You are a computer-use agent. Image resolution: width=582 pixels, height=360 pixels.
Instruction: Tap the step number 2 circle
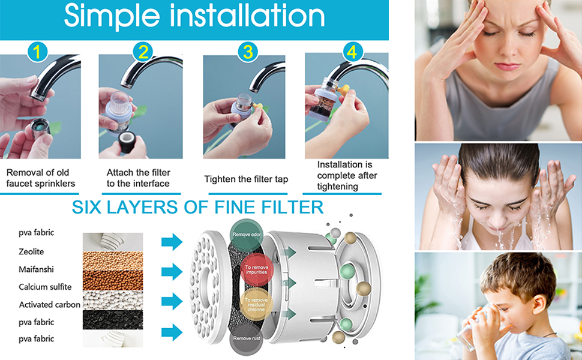pos(143,52)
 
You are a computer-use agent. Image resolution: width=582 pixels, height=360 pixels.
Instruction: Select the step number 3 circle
pos(247,52)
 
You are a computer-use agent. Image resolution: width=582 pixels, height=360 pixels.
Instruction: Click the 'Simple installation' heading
pos(194,17)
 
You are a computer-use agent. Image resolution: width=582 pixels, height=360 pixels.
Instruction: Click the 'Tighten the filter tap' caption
pos(246,179)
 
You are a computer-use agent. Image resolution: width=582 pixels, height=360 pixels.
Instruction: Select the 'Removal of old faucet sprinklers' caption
pos(41,178)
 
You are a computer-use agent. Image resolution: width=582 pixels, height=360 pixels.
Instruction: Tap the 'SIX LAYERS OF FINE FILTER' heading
pos(198,208)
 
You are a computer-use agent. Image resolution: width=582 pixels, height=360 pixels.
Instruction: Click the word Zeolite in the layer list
pos(31,251)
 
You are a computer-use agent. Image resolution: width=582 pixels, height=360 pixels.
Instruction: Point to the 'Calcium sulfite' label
pos(45,287)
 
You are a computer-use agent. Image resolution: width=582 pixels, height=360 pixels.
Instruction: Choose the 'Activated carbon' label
pos(49,305)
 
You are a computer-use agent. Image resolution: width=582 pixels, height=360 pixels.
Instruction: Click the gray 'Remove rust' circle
pos(246,339)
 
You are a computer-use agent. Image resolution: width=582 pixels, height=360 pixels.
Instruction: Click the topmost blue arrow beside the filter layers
pos(172,242)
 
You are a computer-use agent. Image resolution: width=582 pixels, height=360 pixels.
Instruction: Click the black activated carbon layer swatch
pos(113,319)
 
